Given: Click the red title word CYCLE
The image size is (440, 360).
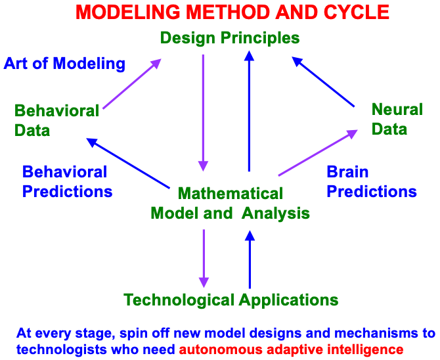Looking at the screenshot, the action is pyautogui.click(x=357, y=12).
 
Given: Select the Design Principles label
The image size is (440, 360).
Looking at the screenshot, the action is pyautogui.click(x=230, y=38).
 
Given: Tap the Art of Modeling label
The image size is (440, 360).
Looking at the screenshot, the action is pyautogui.click(x=64, y=64).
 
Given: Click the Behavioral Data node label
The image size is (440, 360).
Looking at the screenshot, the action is pyautogui.click(x=56, y=120).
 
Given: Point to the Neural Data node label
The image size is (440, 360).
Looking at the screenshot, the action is pyautogui.click(x=397, y=119).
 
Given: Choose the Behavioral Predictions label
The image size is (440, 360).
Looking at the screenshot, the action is pyautogui.click(x=68, y=182).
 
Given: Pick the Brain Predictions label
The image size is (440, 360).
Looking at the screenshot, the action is pyautogui.click(x=372, y=182).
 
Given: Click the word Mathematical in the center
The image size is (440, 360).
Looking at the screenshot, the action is pyautogui.click(x=231, y=194).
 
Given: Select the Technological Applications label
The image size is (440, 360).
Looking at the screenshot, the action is pyautogui.click(x=231, y=300).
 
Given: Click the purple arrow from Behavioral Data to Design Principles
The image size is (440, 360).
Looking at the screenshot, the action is pyautogui.click(x=132, y=83).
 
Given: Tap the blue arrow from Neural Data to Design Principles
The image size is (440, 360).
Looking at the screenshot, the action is pyautogui.click(x=323, y=81).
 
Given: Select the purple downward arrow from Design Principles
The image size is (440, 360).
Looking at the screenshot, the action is pyautogui.click(x=203, y=113).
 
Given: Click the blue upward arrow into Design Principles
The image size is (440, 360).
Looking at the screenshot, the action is pyautogui.click(x=249, y=111).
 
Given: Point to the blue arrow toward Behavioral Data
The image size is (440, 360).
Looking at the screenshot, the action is pyautogui.click(x=128, y=163).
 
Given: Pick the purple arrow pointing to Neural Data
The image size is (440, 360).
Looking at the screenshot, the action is pyautogui.click(x=318, y=153).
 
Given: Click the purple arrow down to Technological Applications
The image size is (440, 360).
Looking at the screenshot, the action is pyautogui.click(x=204, y=259).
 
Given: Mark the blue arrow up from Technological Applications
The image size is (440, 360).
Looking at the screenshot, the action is pyautogui.click(x=250, y=259).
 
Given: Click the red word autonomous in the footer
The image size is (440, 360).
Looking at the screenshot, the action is pyautogui.click(x=221, y=349).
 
